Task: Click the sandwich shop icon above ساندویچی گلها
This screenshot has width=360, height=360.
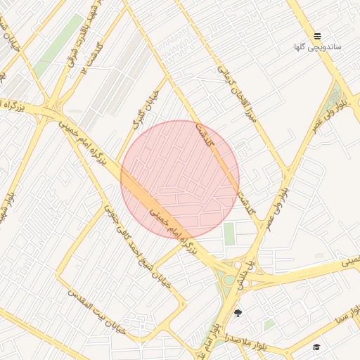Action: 318,36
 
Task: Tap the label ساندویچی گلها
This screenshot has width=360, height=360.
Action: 318,47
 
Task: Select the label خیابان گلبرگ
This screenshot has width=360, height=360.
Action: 142,109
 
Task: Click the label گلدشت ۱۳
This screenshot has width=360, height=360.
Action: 94,58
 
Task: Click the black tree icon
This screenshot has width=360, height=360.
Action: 237,313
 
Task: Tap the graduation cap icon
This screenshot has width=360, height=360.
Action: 316,347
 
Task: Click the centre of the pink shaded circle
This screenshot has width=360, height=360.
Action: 180,179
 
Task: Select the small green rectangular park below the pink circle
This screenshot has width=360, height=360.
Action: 229,233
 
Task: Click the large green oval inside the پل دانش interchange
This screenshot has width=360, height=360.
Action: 229,280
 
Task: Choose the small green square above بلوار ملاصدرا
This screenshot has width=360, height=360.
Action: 269,324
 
